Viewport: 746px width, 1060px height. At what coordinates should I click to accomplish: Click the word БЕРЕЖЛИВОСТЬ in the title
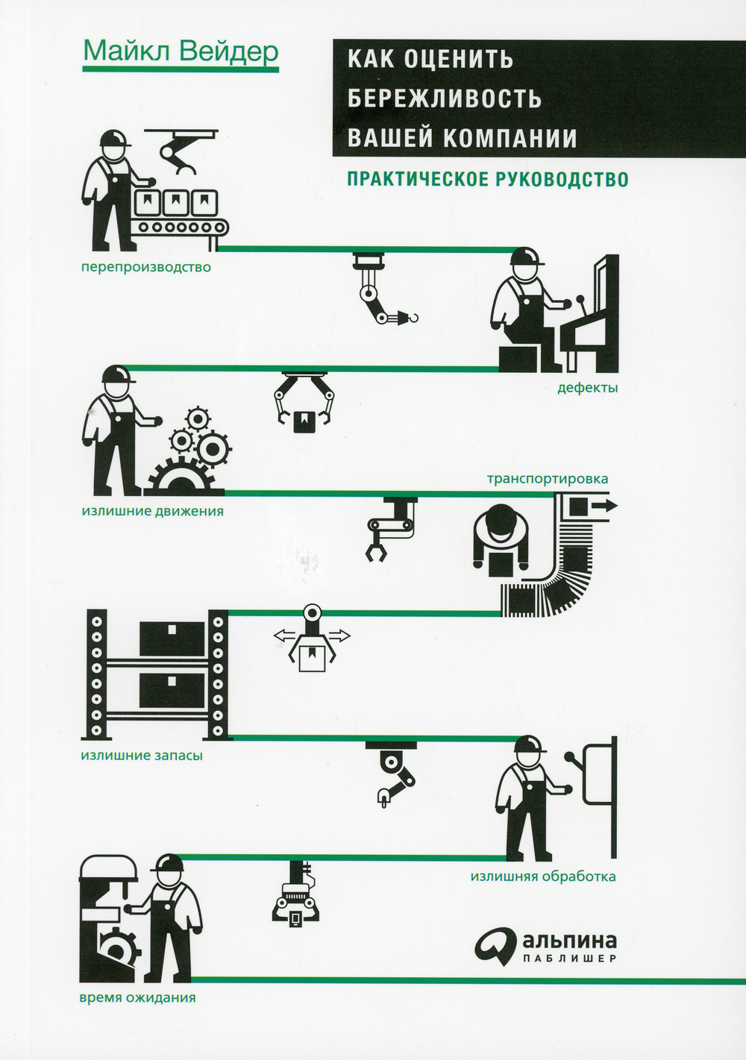tap(445, 98)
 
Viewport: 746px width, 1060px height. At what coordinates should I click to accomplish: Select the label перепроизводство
tap(145, 267)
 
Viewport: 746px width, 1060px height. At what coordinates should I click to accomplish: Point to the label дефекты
tap(587, 388)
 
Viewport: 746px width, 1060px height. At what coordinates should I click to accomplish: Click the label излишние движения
tap(152, 512)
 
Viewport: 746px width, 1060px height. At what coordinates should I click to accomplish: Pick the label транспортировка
tap(548, 479)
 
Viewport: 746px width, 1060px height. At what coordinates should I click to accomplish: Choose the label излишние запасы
tap(142, 756)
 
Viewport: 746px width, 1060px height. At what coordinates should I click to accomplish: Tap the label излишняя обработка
tap(543, 876)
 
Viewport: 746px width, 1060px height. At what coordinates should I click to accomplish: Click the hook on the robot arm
tap(411, 316)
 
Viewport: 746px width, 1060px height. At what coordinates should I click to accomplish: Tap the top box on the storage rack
tap(172, 639)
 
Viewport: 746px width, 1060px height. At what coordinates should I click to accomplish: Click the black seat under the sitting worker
tap(518, 359)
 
